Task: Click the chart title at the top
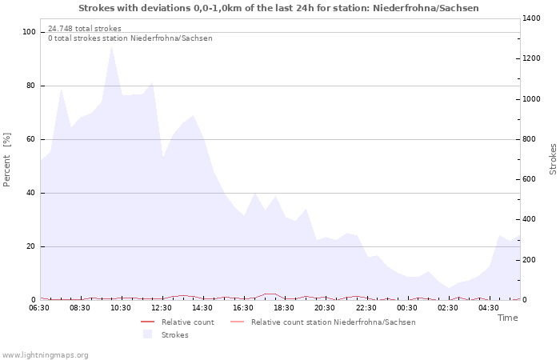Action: coord(279,8)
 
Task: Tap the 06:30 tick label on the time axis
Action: coord(39,307)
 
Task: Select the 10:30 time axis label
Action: coord(121,307)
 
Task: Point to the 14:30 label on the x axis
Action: coord(202,307)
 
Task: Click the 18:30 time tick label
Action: coord(285,307)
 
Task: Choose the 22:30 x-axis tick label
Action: coord(366,307)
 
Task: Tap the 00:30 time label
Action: coord(407,307)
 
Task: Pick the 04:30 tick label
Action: coord(489,307)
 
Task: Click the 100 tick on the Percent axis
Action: coord(30,32)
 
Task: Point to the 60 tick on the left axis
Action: coord(32,139)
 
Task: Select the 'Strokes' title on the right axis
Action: coord(553,159)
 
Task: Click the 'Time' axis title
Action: coord(507,318)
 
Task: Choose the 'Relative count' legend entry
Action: coord(187,322)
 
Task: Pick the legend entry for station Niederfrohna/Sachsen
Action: coord(333,322)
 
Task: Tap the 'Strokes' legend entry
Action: coord(174,334)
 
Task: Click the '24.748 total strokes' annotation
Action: coord(85,29)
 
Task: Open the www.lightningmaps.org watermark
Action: coord(45,355)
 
